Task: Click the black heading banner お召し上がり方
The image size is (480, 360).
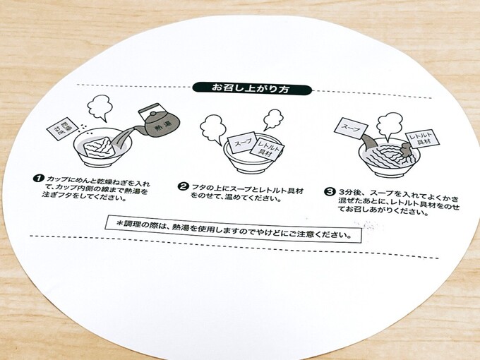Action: (x=252, y=89)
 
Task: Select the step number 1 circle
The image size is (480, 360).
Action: (x=38, y=178)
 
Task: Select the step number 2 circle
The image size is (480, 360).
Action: (x=183, y=186)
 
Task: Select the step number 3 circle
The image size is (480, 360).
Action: (x=330, y=192)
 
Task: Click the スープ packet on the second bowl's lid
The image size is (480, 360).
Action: (x=242, y=143)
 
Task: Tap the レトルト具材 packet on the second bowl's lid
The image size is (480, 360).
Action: (x=267, y=149)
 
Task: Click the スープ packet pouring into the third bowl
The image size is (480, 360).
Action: (x=351, y=128)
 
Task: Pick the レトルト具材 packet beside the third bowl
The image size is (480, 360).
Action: (x=423, y=139)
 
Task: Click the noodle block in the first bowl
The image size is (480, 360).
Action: (x=99, y=147)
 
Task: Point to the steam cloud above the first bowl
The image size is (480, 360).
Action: (x=99, y=107)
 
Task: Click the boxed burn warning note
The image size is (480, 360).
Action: (x=233, y=229)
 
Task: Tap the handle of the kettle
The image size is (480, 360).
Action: (x=152, y=109)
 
